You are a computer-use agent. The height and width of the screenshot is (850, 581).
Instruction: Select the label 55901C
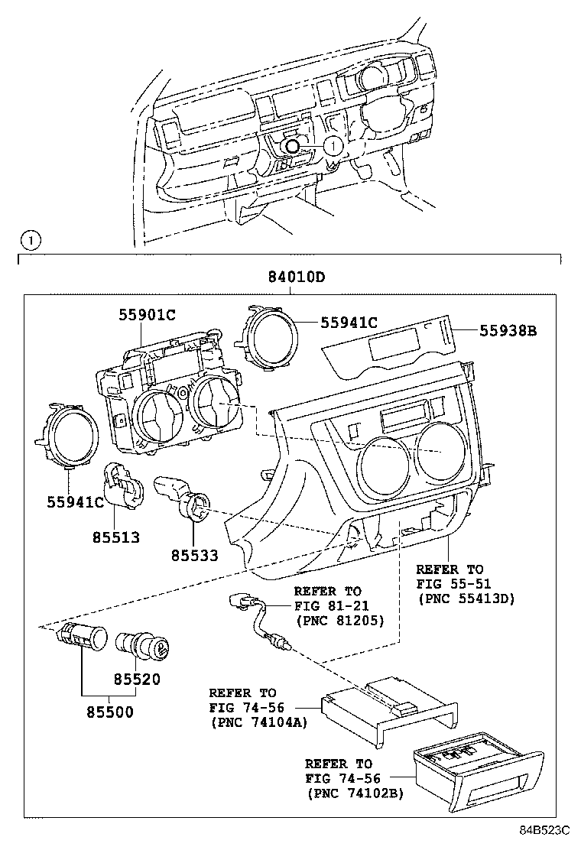(x=148, y=314)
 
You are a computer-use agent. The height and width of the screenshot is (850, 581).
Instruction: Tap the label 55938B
(x=508, y=331)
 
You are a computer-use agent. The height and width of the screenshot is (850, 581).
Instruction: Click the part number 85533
(x=193, y=555)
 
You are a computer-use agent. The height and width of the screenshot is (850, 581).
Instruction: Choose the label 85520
(x=137, y=678)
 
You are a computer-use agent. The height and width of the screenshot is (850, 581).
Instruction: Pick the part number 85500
(x=109, y=713)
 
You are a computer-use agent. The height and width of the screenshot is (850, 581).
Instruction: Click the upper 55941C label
(x=350, y=324)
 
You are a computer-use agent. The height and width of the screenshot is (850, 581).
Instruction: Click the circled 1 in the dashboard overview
(x=333, y=144)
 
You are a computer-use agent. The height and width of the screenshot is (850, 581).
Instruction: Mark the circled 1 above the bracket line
(x=28, y=242)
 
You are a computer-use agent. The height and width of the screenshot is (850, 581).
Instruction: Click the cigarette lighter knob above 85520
(x=144, y=644)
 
